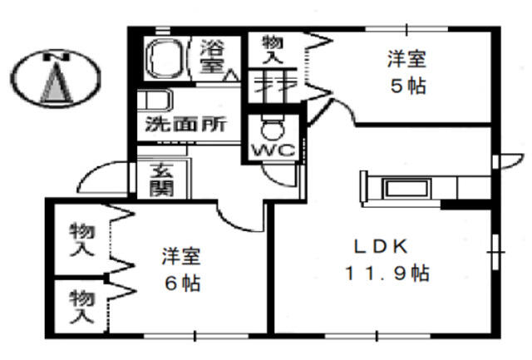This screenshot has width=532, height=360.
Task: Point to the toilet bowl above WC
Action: point(270,129)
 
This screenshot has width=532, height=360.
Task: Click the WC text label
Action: point(270,152)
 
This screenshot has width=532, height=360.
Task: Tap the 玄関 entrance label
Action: point(160,179)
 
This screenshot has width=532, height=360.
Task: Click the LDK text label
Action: point(380,247)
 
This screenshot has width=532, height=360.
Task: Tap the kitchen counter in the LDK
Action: point(407,186)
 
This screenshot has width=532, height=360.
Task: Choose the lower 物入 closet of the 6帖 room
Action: point(81,305)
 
